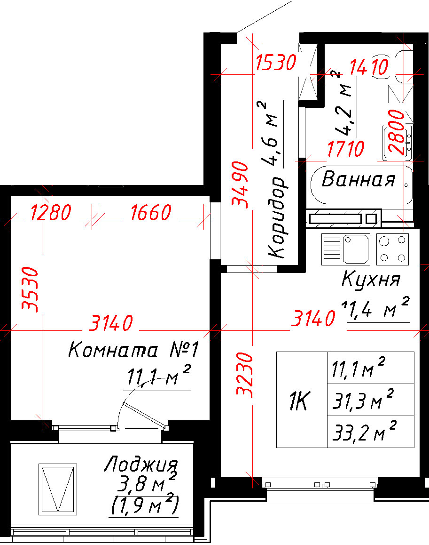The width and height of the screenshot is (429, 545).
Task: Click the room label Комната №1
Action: pyautogui.click(x=133, y=350)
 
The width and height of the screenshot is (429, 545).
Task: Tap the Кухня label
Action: pyautogui.click(x=371, y=279)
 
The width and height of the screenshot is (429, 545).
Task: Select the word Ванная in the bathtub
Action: pyautogui.click(x=359, y=179)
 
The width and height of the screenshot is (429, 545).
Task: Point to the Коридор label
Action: pyautogui.click(x=277, y=217)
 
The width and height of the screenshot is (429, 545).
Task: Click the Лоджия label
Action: pyautogui.click(x=141, y=464)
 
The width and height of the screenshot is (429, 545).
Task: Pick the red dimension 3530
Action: pyautogui.click(x=30, y=289)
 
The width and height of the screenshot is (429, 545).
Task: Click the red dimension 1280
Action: pyautogui.click(x=51, y=212)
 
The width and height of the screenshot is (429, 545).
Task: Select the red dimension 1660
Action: pyautogui.click(x=151, y=212)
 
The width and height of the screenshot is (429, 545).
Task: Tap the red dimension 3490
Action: pyautogui.click(x=241, y=184)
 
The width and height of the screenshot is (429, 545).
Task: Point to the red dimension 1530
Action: pyautogui.click(x=276, y=63)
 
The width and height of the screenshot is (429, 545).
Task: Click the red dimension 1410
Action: pyautogui.click(x=369, y=67)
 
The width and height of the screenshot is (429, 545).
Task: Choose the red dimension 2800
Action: pyautogui.click(x=397, y=132)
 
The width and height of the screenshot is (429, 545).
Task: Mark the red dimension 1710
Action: pyautogui.click(x=346, y=149)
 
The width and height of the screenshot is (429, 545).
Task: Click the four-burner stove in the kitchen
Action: pyautogui.click(x=392, y=249)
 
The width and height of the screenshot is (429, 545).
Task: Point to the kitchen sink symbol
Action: pyautogui.click(x=346, y=249)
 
